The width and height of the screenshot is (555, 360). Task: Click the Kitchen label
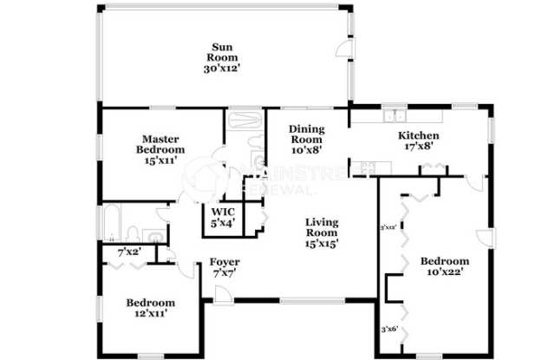pos(418,136)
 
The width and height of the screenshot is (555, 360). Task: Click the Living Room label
pos(321,227)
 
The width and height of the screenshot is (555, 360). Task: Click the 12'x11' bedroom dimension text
pos(150,314)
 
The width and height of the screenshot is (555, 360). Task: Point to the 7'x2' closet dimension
pos(130,253)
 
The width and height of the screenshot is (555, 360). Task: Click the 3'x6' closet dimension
pos(390,330)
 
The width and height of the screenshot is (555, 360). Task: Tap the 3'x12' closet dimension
pos(388,228)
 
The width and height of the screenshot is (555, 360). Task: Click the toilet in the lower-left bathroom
pos(132,232)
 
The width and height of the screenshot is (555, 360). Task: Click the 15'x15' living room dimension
pos(321,244)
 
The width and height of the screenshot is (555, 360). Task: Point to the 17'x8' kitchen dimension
pos(418,147)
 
